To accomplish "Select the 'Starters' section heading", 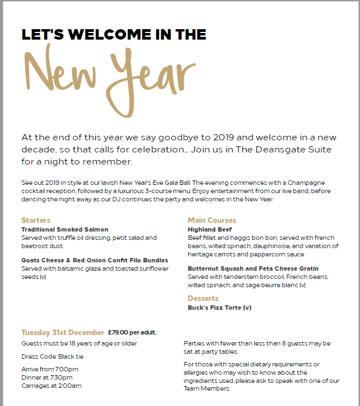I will pos(36,221).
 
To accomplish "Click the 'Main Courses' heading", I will pos(211,221).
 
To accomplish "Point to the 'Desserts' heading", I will pos(203,299).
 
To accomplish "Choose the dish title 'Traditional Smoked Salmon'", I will pos(65,229).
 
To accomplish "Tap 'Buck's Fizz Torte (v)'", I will pos(219,308).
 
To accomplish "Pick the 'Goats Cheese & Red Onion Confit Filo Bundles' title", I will pos(95,260).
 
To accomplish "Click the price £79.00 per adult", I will pos(132,332).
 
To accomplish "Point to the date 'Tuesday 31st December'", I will pos(63,332).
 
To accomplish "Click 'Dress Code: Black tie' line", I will pos(52,356).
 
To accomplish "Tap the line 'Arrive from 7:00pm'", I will pos(50,369).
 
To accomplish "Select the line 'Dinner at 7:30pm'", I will pos(47,377).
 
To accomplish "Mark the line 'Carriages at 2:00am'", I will pos(51,386).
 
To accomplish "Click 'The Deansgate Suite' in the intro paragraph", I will pos(292,150).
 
